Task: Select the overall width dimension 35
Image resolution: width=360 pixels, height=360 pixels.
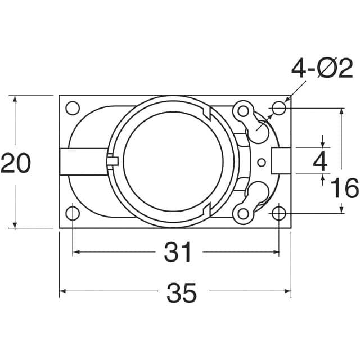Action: click(x=182, y=292)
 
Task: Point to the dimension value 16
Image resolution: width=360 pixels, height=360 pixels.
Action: click(x=344, y=188)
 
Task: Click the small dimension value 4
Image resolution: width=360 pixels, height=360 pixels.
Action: click(x=320, y=162)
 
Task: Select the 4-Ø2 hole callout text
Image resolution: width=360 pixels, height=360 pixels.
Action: click(x=322, y=69)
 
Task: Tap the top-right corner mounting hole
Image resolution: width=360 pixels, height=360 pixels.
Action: click(x=279, y=107)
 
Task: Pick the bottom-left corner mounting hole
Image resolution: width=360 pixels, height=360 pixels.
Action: click(x=73, y=213)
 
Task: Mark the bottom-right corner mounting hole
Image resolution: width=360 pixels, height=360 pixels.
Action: click(x=279, y=213)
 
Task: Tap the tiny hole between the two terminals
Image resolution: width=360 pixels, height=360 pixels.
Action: click(x=261, y=163)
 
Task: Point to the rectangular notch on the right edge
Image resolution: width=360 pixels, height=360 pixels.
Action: click(x=281, y=161)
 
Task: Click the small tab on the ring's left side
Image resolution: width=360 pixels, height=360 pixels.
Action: click(x=112, y=161)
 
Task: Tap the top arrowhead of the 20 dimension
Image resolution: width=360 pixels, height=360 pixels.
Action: click(x=15, y=99)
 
